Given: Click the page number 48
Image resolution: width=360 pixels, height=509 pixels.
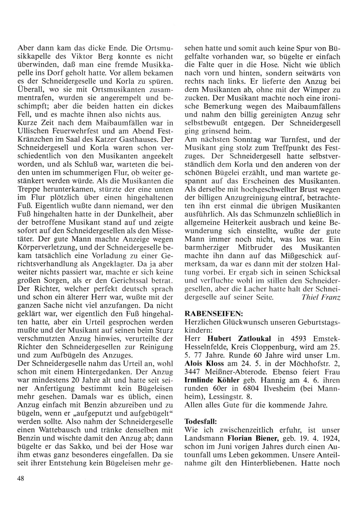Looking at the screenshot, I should pyautogui.click(x=21, y=478).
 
